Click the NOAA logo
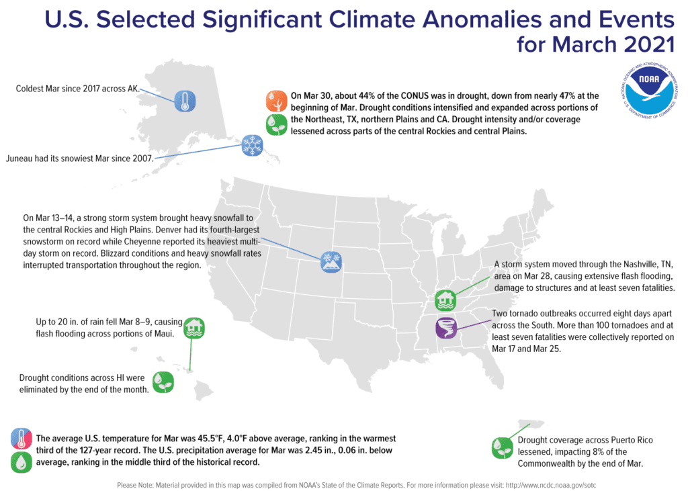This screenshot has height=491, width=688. (x=649, y=91)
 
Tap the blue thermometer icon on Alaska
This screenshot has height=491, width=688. (x=185, y=101)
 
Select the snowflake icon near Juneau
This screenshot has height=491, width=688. (x=253, y=145)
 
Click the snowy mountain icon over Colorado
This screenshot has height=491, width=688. (x=331, y=262)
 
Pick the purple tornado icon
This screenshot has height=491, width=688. (x=446, y=327)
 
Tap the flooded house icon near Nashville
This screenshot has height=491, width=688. (x=445, y=300)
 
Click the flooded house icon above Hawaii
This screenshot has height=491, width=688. (x=194, y=328)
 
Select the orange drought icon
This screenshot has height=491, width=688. (x=276, y=101)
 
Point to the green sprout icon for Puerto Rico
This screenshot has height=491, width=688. (x=503, y=447)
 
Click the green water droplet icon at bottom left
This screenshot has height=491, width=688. (x=21, y=462)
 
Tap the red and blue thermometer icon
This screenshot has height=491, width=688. (x=21, y=439)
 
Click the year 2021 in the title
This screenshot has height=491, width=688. (x=648, y=44)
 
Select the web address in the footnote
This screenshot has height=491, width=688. (x=551, y=486)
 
